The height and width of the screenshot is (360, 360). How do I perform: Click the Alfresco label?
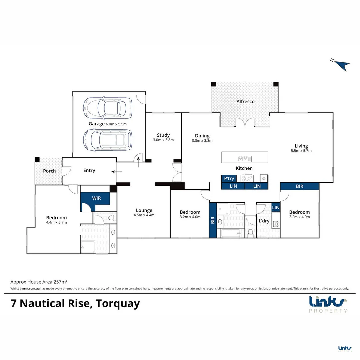pyautogui.click(x=245, y=101)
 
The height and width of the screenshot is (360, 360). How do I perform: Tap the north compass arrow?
pyautogui.click(x=342, y=65)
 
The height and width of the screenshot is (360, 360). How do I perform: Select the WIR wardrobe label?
pyautogui.click(x=96, y=198)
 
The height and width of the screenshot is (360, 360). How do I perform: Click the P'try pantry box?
pyautogui.click(x=229, y=178)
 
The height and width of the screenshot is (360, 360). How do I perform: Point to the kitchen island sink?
pyautogui.click(x=245, y=158)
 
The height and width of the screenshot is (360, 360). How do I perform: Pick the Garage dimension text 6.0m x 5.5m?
pyautogui.click(x=116, y=124)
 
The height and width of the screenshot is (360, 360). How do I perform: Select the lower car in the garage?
pyautogui.click(x=108, y=140)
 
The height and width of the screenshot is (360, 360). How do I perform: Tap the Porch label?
pyautogui.click(x=49, y=171)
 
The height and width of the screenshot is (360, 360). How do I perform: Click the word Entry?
pyautogui.click(x=89, y=170)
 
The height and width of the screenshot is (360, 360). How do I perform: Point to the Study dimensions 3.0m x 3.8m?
pyautogui.click(x=163, y=140)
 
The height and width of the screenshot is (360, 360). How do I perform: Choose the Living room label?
pyautogui.click(x=301, y=146)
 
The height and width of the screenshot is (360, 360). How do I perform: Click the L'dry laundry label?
pyautogui.click(x=264, y=221)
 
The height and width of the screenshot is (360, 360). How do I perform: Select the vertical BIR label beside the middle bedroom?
pyautogui.click(x=213, y=220)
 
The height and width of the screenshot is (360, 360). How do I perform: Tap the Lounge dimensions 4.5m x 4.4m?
pyautogui.click(x=144, y=215)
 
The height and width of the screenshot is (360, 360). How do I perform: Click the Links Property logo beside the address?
pyautogui.click(x=328, y=304)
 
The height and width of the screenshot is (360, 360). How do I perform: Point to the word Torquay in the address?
pyautogui.click(x=118, y=304)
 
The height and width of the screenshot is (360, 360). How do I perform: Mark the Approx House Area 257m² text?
pyautogui.click(x=39, y=282)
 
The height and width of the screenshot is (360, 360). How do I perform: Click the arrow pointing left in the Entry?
pyautogui.click(x=117, y=172)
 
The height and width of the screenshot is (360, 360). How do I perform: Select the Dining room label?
pyautogui.click(x=202, y=136)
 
